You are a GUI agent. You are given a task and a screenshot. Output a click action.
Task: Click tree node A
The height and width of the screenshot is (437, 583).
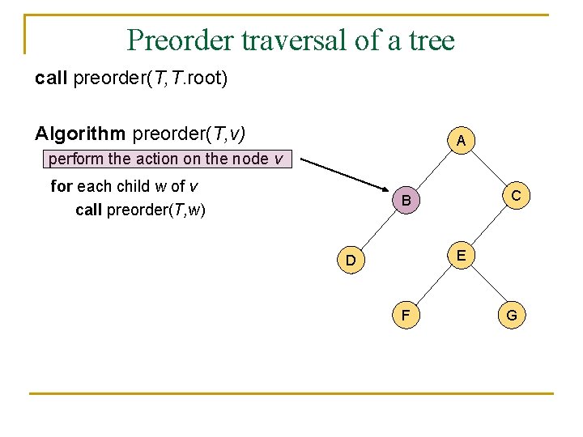[x=461, y=142]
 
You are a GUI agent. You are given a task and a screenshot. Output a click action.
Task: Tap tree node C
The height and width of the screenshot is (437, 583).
[x=516, y=195]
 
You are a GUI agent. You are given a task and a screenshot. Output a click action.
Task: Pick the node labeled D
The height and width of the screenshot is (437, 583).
[x=351, y=261]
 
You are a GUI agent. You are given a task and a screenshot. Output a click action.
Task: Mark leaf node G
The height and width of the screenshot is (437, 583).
[x=512, y=315]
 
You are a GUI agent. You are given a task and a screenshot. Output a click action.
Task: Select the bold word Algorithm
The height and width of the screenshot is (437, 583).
[x=80, y=133]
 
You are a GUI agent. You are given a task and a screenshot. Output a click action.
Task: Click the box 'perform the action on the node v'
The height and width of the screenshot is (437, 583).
[x=166, y=159]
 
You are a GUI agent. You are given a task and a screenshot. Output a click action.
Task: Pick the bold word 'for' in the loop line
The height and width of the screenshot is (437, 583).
[x=61, y=186]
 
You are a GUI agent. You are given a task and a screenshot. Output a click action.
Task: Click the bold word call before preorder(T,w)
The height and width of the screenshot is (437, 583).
[x=88, y=210]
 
